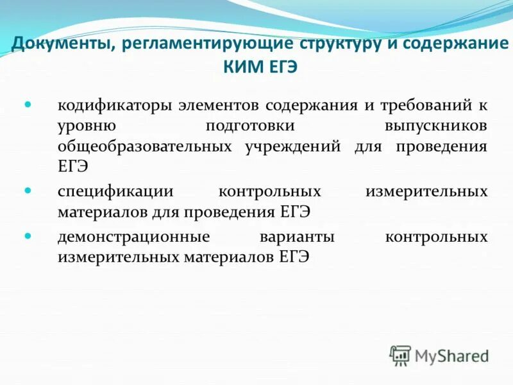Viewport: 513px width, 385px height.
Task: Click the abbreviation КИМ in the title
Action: coord(242,67)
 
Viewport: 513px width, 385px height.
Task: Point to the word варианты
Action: coord(297,237)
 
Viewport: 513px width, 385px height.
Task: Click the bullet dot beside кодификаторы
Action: coord(28,103)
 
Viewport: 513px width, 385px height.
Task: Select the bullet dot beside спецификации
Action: coord(28,190)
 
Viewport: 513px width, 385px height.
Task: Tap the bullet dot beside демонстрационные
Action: coord(28,235)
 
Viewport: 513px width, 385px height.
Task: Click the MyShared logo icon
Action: coord(400,355)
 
